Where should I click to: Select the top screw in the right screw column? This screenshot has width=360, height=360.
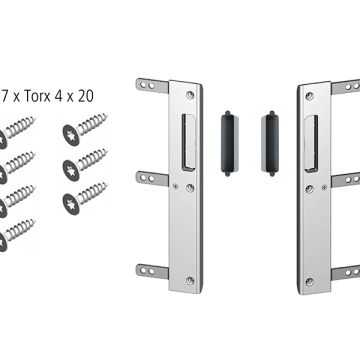point(85,129)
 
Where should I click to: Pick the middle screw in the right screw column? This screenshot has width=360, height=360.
point(85,164)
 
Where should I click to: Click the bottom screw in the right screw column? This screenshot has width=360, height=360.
point(85,198)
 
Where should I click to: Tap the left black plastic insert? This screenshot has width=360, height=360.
point(229,143)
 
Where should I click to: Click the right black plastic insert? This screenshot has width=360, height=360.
point(270,143)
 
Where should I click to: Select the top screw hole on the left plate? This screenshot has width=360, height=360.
point(190,95)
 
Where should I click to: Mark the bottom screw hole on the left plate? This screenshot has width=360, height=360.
point(190,281)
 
